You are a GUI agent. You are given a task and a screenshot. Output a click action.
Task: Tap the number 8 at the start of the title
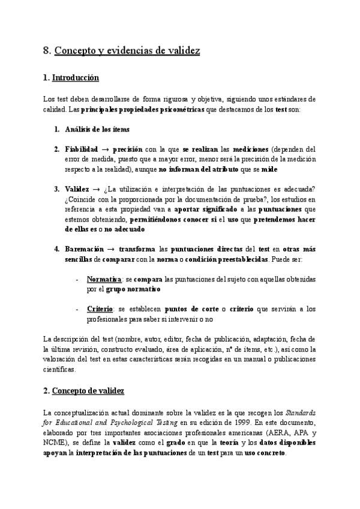(x=46, y=51)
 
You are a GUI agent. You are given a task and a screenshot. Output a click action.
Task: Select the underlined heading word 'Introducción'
(x=76, y=78)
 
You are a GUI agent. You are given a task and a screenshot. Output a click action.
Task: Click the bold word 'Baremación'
(x=82, y=248)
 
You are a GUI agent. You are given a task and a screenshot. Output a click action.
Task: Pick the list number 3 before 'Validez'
(x=56, y=189)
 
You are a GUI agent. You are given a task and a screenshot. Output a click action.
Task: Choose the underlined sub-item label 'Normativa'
(x=103, y=279)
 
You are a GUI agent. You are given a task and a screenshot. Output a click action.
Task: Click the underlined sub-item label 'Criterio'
(x=100, y=309)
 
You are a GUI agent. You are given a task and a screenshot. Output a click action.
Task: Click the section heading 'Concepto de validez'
(x=88, y=391)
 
